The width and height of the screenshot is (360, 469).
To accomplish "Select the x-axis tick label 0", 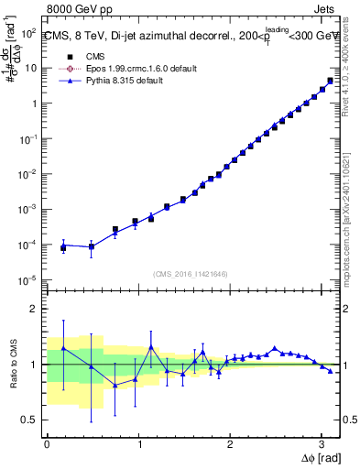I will click(x=47, y=444).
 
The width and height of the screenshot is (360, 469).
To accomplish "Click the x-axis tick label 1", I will click(x=138, y=444).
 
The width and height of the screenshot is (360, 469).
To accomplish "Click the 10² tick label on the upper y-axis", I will click(x=28, y=32).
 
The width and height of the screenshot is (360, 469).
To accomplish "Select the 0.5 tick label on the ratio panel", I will click(x=29, y=420).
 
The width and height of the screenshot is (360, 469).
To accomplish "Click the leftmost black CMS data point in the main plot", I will click(x=63, y=248).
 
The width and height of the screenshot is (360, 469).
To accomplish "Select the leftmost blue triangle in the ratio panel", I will click(x=63, y=348).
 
